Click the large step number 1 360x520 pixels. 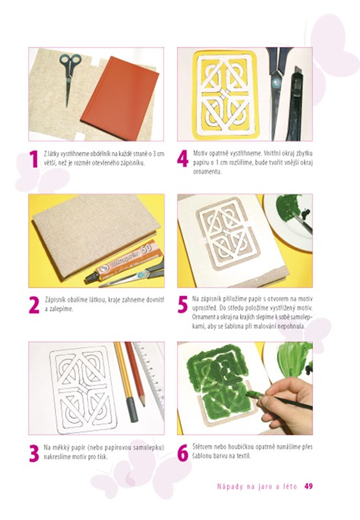[x=34, y=159]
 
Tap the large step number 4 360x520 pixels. [x=182, y=159]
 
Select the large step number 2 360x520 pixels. [x=34, y=305]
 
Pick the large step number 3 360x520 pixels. [x=34, y=454]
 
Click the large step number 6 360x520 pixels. [x=182, y=454]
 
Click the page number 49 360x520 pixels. [x=309, y=486]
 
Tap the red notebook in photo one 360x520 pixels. [x=120, y=94]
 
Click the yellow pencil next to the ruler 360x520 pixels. [x=126, y=381]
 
